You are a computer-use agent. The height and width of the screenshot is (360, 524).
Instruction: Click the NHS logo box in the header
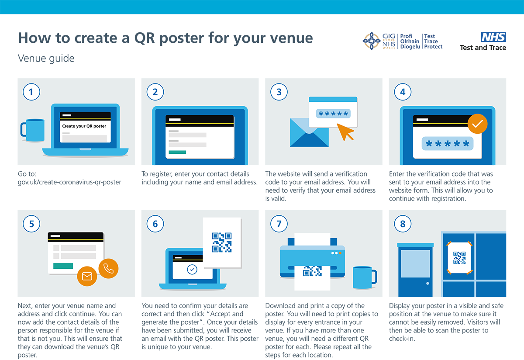493,37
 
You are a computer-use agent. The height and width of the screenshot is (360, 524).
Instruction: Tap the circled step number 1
31,92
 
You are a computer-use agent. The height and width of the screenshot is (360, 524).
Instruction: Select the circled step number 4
403,92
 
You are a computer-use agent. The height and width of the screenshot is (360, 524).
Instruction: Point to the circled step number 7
279,224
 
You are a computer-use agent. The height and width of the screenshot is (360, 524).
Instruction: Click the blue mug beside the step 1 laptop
33,130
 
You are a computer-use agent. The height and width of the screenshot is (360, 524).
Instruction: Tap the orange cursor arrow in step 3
345,132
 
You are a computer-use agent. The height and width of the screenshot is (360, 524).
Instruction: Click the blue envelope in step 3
309,132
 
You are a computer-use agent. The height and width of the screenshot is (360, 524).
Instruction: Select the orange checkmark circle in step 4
477,124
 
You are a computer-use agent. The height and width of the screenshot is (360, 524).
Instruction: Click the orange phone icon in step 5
109,269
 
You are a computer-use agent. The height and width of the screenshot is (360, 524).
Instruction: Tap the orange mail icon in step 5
87,276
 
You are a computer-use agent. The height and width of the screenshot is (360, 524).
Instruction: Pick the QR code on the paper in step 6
221,242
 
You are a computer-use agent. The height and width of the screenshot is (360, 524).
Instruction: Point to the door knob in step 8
427,284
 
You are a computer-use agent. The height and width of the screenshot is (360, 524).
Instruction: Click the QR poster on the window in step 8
459,258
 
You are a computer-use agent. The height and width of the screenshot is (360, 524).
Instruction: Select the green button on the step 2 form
177,152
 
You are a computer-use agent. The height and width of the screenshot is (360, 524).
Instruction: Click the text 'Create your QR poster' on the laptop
84,126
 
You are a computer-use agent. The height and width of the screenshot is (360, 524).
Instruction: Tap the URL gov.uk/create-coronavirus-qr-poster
69,182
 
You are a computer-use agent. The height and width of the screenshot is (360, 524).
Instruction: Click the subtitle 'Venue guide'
46,58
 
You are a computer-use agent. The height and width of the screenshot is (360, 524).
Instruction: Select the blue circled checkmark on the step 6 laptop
192,270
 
